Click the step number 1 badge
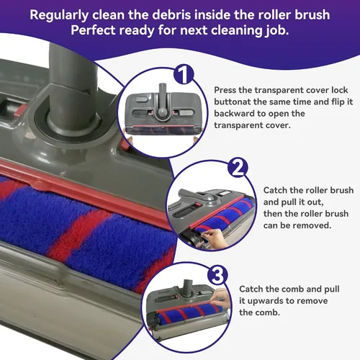point(184,74)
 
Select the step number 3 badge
point(217,274)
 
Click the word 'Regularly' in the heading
point(59,15)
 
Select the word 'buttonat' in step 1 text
point(232,102)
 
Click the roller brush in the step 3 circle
point(189,312)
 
